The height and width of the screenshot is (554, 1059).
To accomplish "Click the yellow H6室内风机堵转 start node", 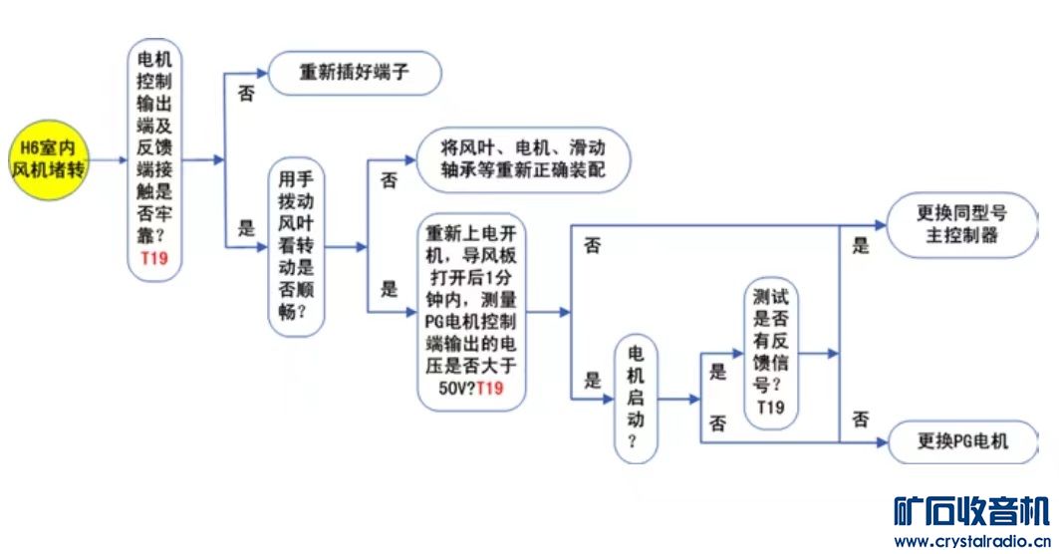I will [49, 159].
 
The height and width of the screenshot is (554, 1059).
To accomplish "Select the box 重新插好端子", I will [354, 73].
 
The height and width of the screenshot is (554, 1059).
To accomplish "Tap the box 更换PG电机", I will [961, 440].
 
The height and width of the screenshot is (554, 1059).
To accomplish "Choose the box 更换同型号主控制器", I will [957, 224].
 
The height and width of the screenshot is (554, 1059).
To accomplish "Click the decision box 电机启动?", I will [636, 400].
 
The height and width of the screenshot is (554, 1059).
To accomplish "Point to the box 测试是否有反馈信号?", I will [770, 353].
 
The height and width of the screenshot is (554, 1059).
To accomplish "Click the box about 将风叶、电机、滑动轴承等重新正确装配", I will [522, 159].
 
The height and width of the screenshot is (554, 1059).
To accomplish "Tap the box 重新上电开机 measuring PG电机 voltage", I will [471, 312].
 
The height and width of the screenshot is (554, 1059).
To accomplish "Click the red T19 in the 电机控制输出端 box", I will [155, 259].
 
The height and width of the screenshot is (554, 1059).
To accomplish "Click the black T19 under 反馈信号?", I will [770, 408].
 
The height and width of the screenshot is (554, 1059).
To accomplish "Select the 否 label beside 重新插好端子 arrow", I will [244, 93].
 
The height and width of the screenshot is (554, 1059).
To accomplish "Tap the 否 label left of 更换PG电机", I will [861, 419].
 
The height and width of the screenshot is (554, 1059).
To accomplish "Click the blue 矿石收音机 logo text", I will [971, 510].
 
